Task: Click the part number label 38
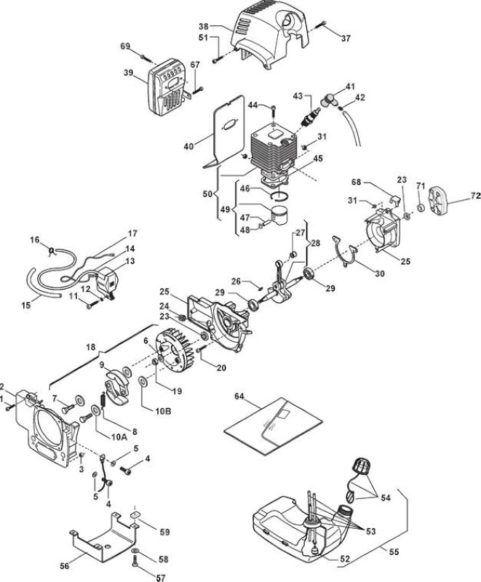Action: (x=204, y=26)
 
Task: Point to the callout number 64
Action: (x=239, y=396)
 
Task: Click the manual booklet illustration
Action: (x=273, y=426)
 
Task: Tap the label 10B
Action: (x=163, y=411)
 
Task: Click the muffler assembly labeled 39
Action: (x=167, y=86)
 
